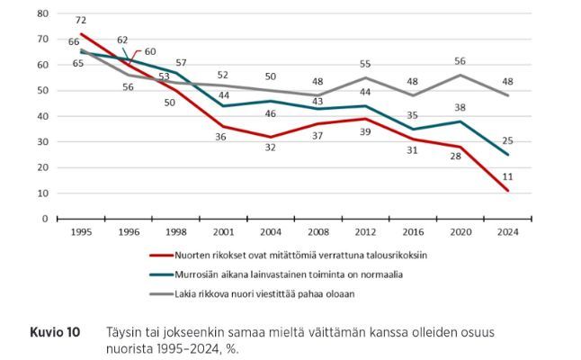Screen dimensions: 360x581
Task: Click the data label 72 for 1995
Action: click(x=80, y=20)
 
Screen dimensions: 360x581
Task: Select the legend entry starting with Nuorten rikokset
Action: click(x=301, y=255)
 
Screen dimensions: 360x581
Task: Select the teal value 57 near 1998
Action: click(x=180, y=62)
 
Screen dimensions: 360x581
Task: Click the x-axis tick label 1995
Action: click(x=81, y=231)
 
